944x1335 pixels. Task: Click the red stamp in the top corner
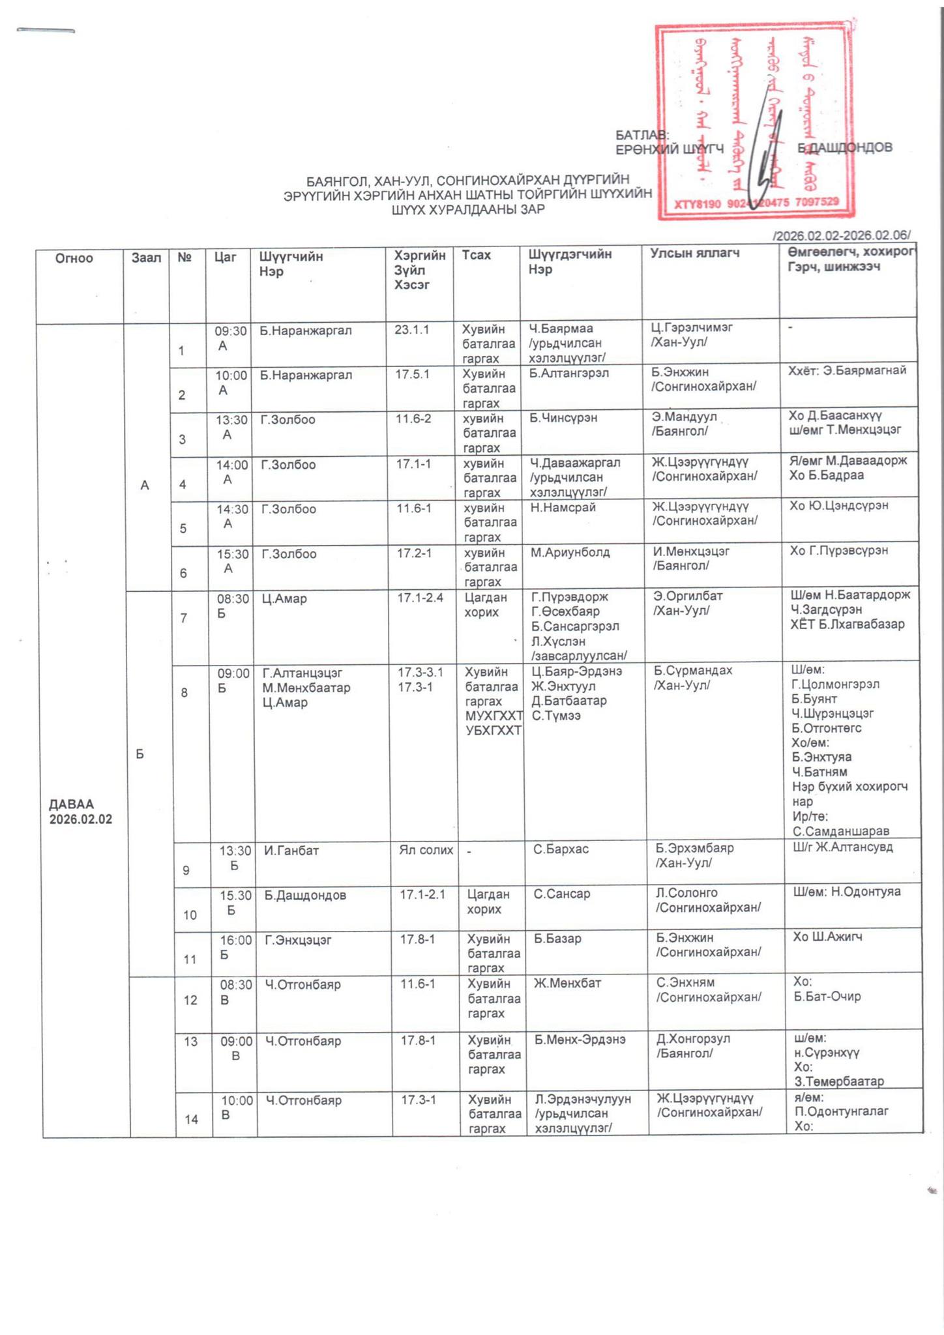coord(754,121)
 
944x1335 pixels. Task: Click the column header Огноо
coord(74,258)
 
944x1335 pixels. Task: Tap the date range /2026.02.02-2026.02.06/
coord(840,235)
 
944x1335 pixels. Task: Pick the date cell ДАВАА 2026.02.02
coord(80,812)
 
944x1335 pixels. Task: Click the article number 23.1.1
coord(411,330)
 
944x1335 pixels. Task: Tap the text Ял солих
coord(426,849)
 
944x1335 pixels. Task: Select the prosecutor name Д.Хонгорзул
coord(693,1038)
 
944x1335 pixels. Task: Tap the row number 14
coord(192,1119)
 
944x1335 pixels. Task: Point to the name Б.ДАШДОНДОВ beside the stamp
coord(845,148)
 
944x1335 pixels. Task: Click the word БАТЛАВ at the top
coord(642,135)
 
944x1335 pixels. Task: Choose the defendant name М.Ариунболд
coord(570,553)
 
